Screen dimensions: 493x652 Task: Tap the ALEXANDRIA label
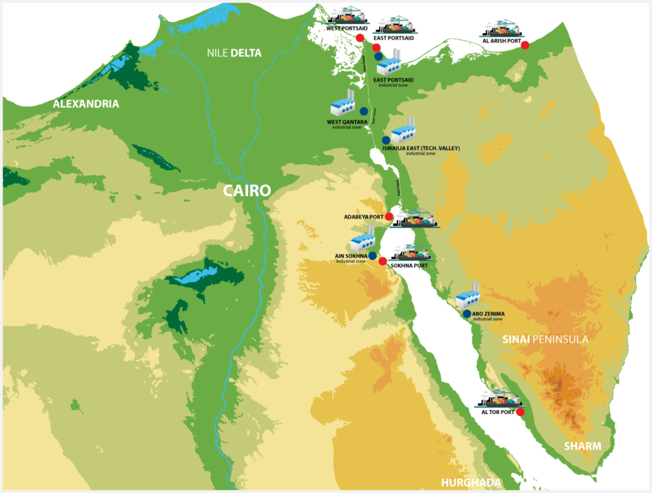(x=85, y=104)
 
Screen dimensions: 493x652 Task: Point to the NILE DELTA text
(x=234, y=53)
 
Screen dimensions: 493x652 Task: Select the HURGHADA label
(x=471, y=482)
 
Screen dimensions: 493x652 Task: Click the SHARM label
(x=582, y=446)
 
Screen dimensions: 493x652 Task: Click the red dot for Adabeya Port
(x=389, y=217)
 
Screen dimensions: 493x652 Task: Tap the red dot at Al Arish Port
(x=526, y=45)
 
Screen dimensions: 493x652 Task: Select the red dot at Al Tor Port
(x=520, y=411)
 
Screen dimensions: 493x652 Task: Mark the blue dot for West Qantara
(x=364, y=111)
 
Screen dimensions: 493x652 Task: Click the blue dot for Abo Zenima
(x=467, y=313)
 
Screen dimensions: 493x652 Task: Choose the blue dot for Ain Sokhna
(x=372, y=255)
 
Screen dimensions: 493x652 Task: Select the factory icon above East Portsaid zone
(x=388, y=62)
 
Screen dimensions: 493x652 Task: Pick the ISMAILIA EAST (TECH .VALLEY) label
(x=421, y=148)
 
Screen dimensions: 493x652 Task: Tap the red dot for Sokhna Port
(x=383, y=261)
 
